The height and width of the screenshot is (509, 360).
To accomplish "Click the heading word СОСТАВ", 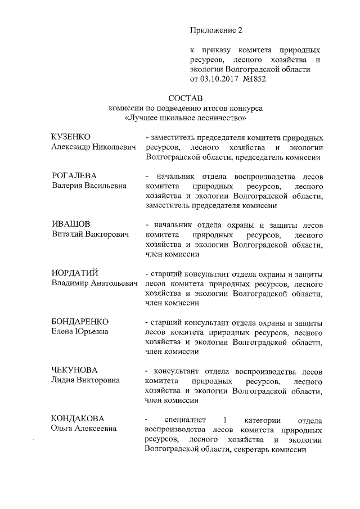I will click(185, 98).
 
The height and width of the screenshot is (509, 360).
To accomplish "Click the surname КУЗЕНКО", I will click(71, 137).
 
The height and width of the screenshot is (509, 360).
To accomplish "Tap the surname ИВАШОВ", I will click(67, 224).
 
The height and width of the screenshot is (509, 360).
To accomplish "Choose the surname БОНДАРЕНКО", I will click(79, 321).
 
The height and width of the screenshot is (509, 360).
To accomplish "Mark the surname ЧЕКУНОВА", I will click(74, 370).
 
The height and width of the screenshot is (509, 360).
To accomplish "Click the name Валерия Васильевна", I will click(89, 186).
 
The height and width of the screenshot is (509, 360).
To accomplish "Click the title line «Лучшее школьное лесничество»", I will click(185, 118).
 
